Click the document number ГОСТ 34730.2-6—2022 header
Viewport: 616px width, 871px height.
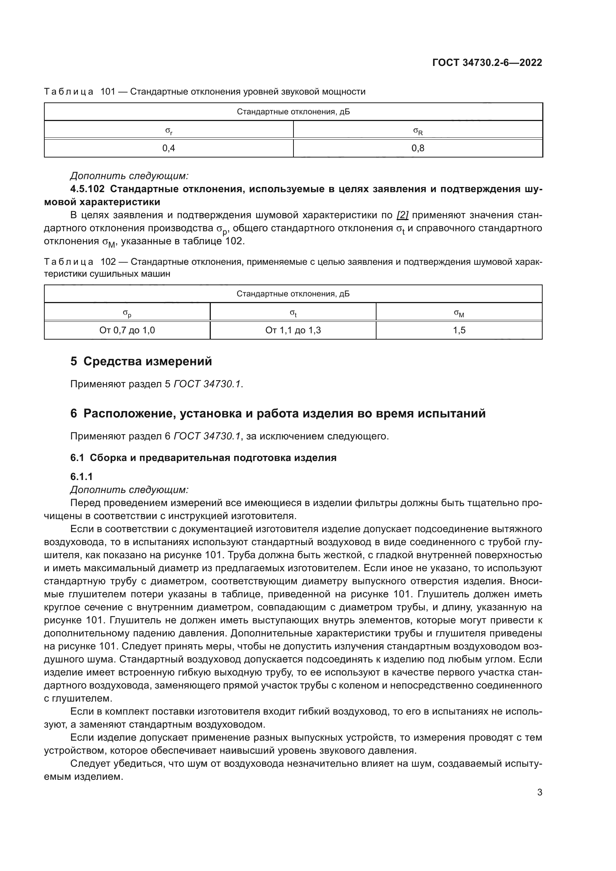pos(487,63)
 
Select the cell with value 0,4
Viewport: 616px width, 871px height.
pos(168,148)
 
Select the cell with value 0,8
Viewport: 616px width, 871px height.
pos(417,148)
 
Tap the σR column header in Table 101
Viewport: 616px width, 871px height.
pos(417,131)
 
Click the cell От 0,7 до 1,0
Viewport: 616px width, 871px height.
pos(127,330)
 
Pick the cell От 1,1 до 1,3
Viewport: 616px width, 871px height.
pos(293,330)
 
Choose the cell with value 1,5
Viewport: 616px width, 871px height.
pos(459,330)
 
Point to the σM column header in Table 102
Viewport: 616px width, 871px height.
pos(459,313)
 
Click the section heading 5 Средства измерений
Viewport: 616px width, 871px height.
pos(141,362)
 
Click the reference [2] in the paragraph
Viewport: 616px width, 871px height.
pos(402,216)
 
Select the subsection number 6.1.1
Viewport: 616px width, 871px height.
pos(81,477)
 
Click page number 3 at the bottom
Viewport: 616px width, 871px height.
pos(539,792)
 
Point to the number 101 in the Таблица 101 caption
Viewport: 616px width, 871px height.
pos(108,92)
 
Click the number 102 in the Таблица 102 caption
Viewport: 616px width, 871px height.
pos(108,262)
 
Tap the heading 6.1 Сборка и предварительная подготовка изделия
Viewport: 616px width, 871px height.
pos(203,458)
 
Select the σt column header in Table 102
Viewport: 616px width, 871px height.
pos(293,313)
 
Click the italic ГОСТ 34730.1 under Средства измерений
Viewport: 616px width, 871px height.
pos(207,384)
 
